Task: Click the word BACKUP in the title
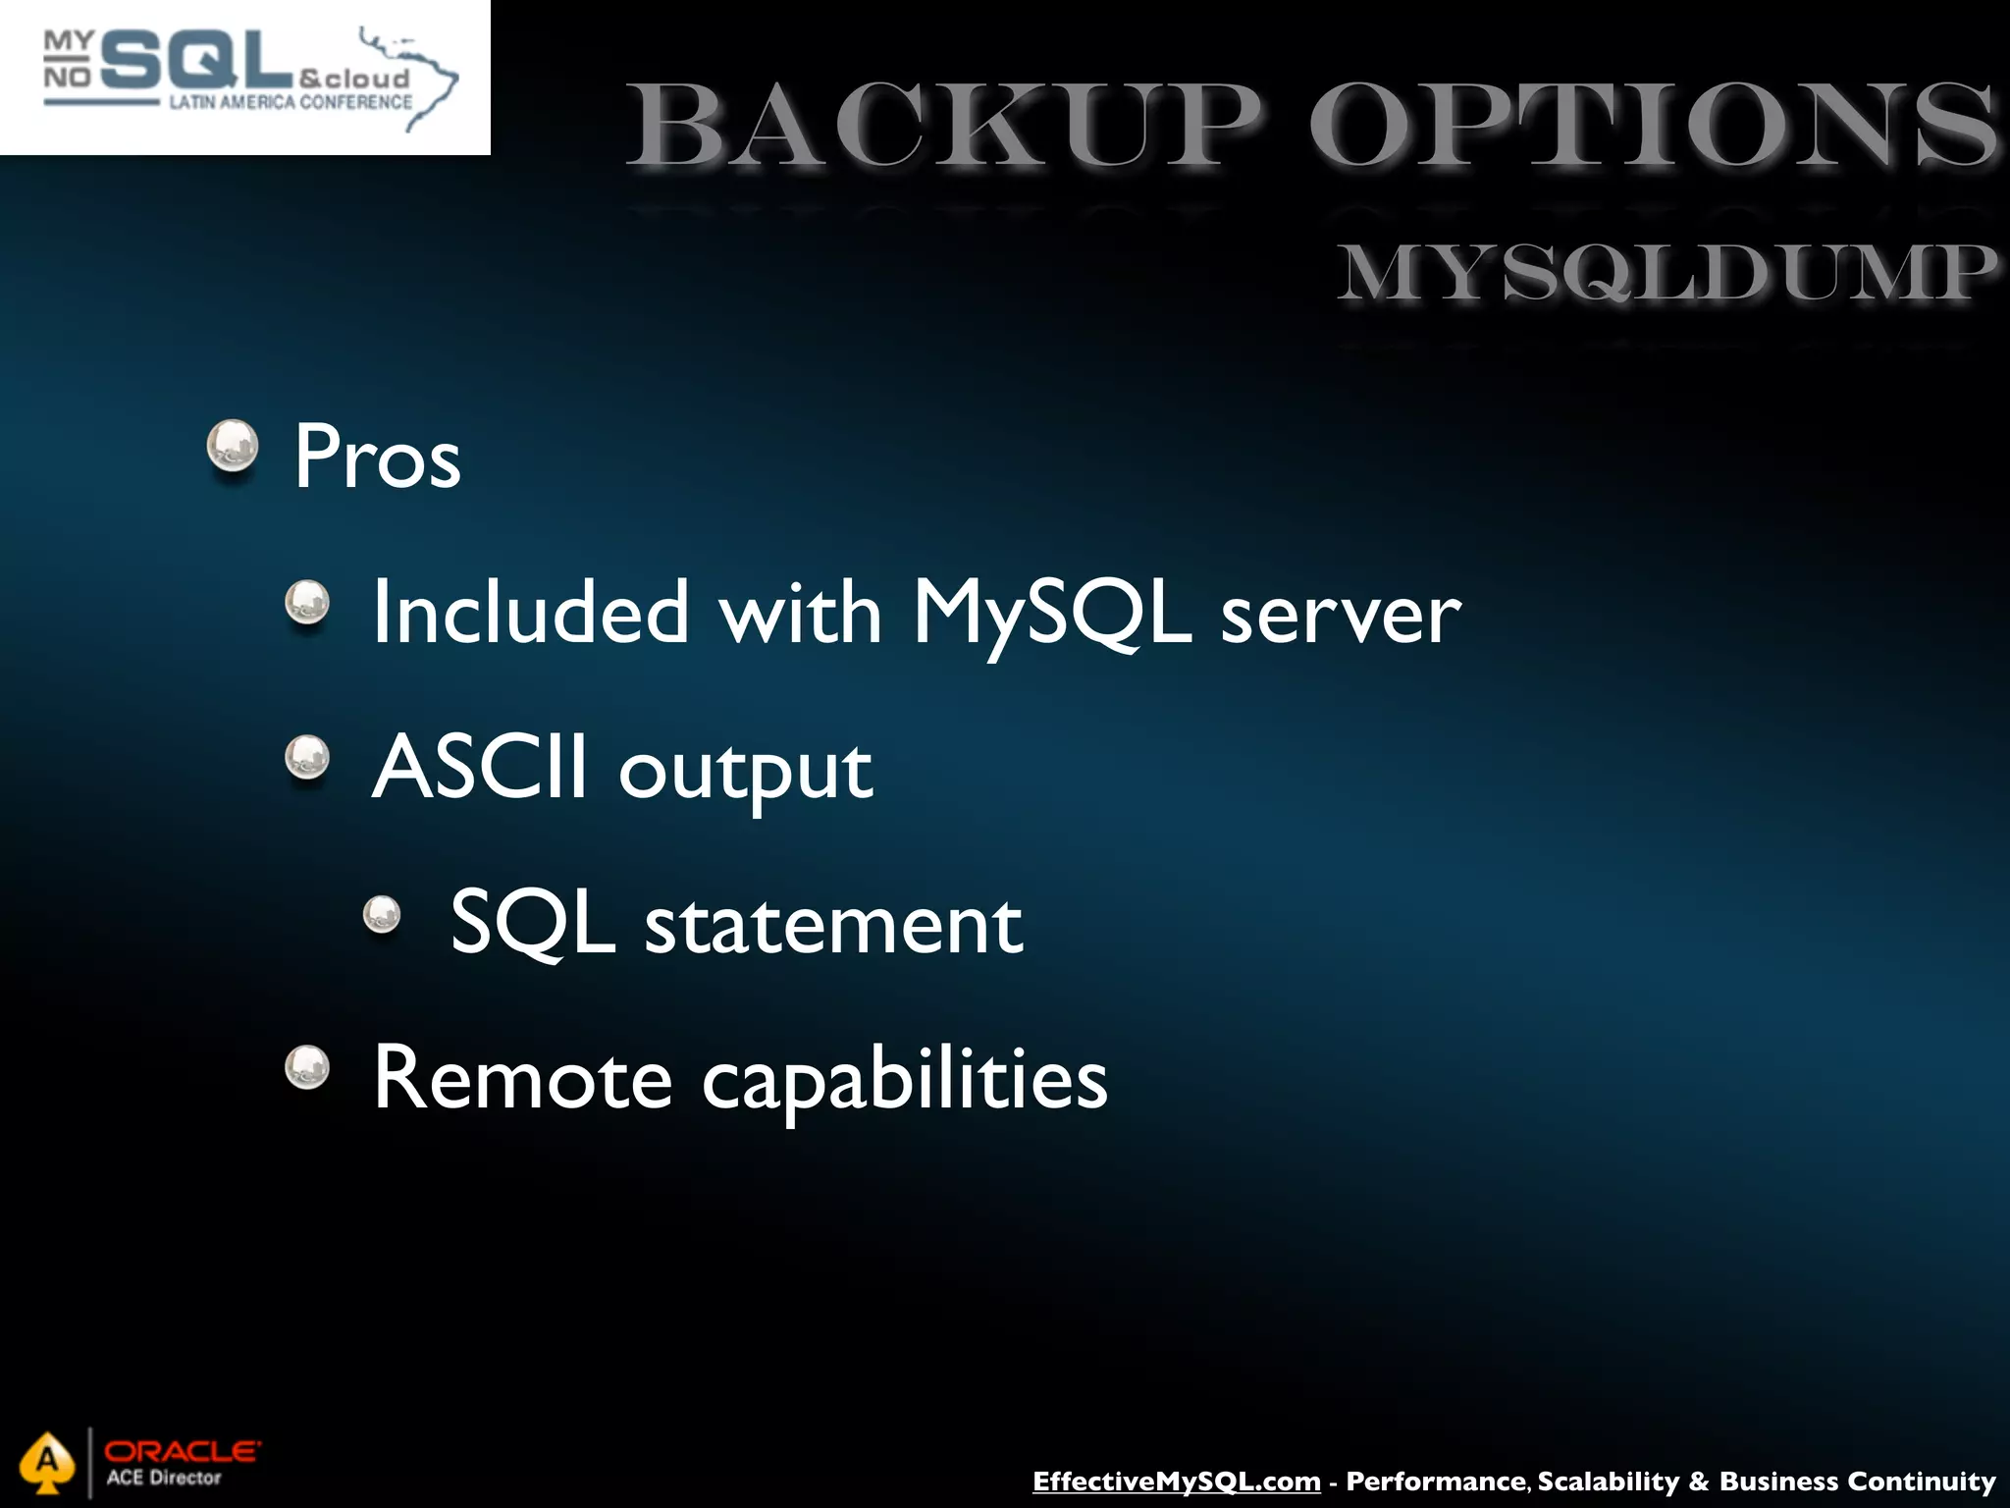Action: coord(942,126)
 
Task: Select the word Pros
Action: coord(378,457)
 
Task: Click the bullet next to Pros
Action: coord(233,447)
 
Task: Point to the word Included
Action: coord(531,613)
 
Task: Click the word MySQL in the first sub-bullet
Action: coord(1052,613)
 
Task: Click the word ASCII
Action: coord(480,768)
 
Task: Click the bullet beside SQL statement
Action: coord(382,915)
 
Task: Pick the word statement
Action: coord(833,925)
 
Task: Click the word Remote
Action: coord(522,1079)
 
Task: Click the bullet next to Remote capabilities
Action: coord(307,1067)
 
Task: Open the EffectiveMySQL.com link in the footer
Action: coord(1176,1481)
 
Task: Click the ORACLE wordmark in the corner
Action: coord(183,1451)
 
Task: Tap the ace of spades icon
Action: coord(47,1463)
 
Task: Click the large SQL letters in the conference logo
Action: coord(196,61)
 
